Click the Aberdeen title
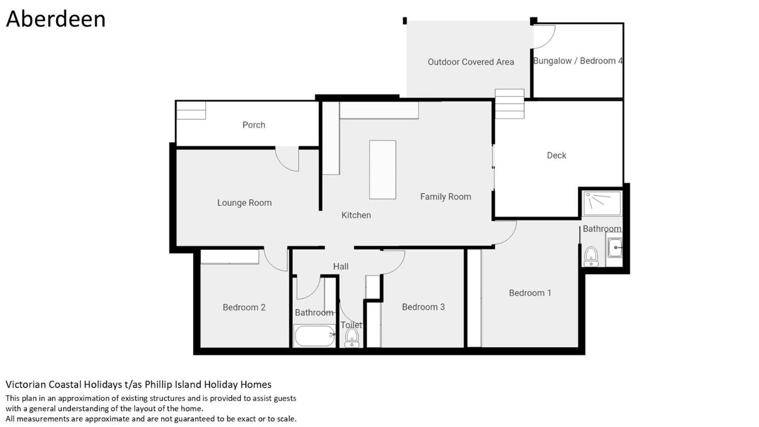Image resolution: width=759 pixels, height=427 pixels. tap(56, 19)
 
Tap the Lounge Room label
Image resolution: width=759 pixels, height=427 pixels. tap(244, 203)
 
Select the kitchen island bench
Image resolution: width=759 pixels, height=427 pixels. tap(382, 170)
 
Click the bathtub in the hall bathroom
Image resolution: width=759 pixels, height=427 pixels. tap(314, 336)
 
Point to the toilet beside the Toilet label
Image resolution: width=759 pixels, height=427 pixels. tap(352, 338)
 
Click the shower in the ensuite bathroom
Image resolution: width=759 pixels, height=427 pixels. tap(602, 203)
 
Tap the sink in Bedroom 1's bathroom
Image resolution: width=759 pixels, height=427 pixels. tap(615, 248)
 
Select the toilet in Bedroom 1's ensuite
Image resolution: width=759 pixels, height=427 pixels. tap(591, 257)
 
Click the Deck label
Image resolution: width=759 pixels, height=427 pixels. tap(556, 156)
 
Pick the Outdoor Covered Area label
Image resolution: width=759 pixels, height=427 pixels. tap(471, 62)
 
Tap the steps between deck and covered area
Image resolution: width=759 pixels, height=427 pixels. tap(509, 104)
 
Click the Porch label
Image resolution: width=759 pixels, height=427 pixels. tap(254, 125)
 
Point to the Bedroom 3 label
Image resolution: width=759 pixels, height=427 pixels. tap(423, 307)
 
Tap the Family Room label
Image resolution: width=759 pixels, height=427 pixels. tap(445, 197)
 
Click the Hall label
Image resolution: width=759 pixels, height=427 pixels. tap(341, 267)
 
